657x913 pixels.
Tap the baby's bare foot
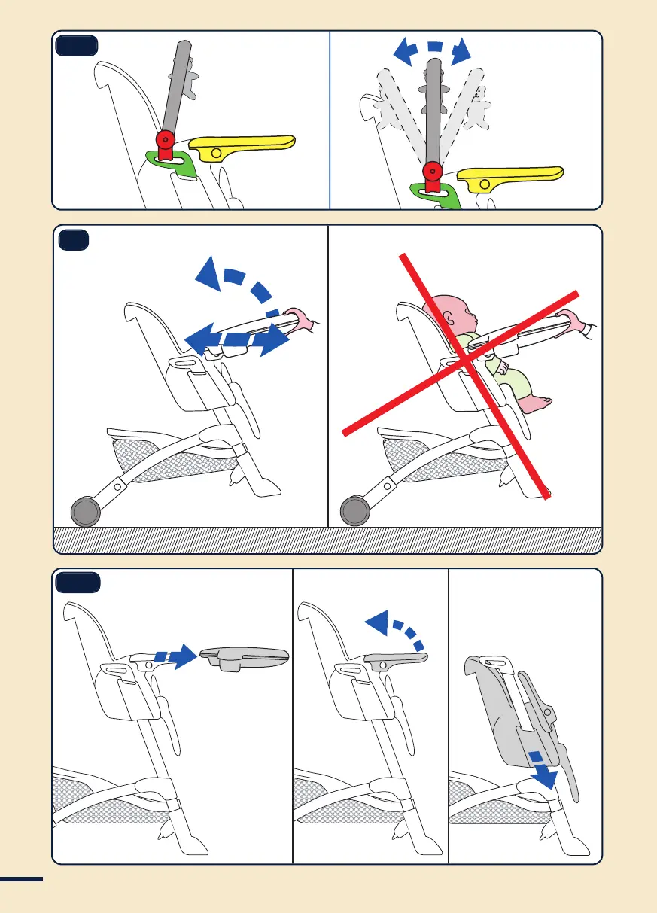tap(537, 405)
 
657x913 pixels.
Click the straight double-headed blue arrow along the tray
tap(237, 340)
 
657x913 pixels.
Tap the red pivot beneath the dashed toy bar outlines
tap(432, 171)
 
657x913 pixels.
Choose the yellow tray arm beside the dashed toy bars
tap(514, 178)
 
